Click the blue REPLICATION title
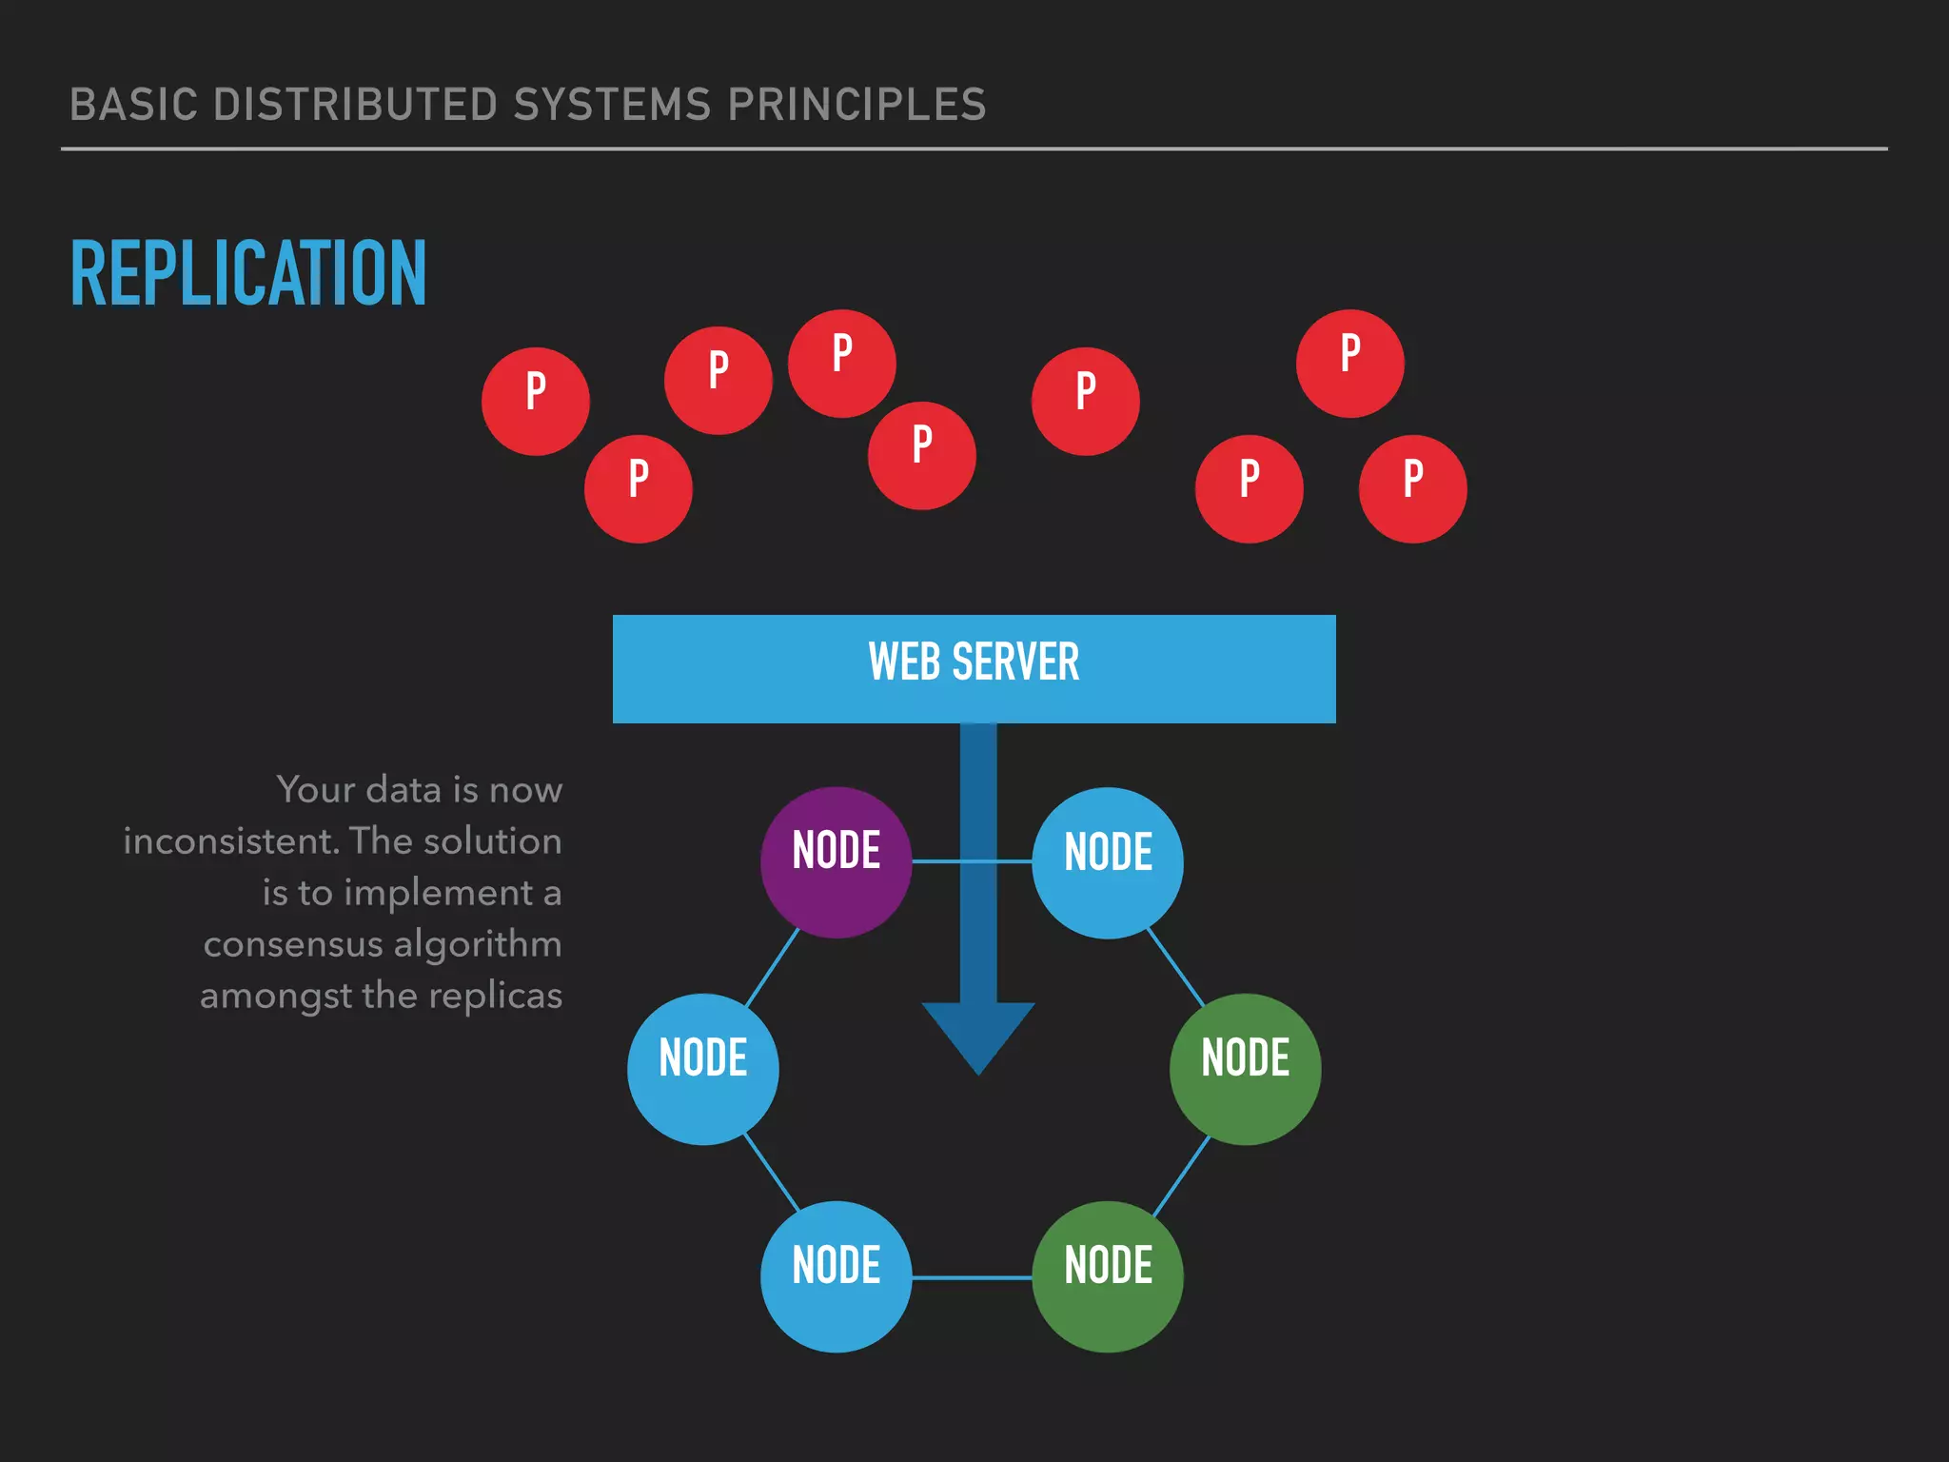[248, 274]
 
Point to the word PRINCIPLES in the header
[856, 105]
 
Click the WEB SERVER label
[974, 662]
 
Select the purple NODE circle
[837, 861]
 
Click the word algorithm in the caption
[478, 944]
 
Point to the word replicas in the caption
[495, 996]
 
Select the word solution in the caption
[492, 841]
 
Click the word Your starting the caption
[315, 790]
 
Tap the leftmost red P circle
[536, 401]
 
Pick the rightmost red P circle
[1413, 488]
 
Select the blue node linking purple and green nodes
[1108, 862]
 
